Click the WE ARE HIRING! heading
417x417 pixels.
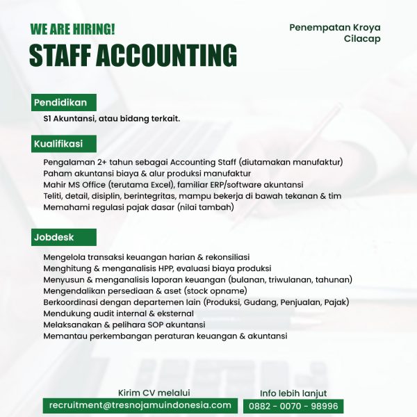[73, 29]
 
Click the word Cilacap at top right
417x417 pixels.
[362, 39]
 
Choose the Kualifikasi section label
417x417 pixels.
[58, 145]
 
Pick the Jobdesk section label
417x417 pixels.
[54, 238]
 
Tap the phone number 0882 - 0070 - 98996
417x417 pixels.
[293, 406]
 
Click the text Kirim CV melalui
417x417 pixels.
[154, 393]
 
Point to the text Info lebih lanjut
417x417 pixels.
[293, 393]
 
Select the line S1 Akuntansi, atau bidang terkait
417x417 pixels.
[111, 119]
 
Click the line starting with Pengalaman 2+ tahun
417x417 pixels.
[193, 163]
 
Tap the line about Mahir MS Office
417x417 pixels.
[173, 185]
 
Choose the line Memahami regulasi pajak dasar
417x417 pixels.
[138, 207]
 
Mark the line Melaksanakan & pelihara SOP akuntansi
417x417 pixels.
[124, 325]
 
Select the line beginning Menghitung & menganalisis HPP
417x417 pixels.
[157, 268]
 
